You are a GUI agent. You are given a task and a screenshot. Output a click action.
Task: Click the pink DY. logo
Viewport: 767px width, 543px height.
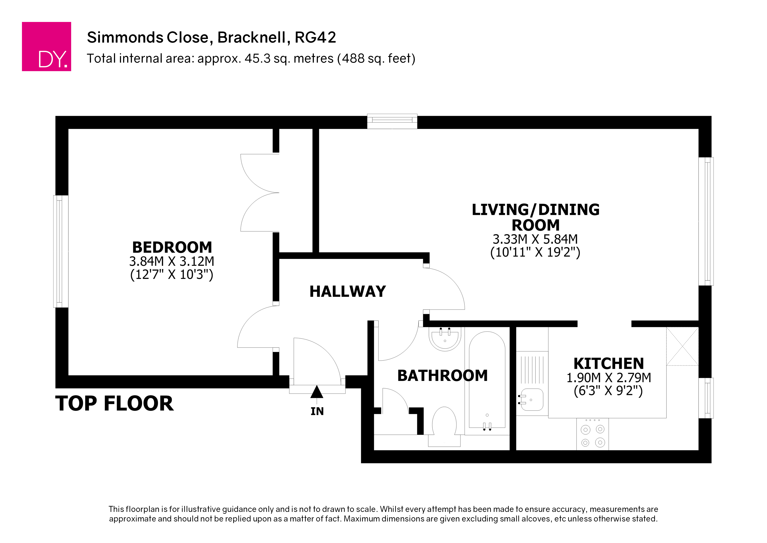[46, 46]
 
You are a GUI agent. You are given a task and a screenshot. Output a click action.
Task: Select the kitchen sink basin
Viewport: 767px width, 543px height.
[532, 400]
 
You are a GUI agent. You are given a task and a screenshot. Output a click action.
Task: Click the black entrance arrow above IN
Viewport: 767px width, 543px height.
[317, 392]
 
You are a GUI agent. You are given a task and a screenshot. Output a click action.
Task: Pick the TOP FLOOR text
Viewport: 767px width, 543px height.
[114, 403]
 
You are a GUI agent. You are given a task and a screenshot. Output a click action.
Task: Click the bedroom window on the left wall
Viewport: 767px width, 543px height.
[61, 251]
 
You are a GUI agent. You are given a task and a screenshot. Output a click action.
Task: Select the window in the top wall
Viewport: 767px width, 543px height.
[392, 121]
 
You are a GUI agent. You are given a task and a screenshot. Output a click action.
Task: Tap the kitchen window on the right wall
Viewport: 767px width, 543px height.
[706, 398]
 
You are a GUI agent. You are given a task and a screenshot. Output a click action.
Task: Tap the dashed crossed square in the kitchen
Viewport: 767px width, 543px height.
[682, 346]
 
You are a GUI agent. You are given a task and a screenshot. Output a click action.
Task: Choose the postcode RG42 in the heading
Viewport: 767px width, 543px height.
[315, 37]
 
